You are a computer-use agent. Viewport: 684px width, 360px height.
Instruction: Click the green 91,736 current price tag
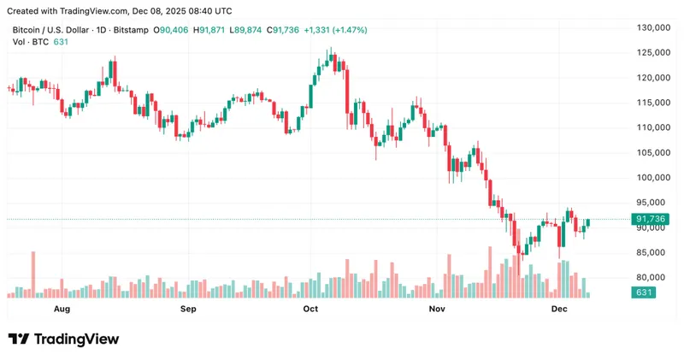(x=652, y=220)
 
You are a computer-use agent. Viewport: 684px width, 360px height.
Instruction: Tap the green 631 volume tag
(x=643, y=293)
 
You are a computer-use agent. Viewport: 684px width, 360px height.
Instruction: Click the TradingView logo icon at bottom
(x=18, y=339)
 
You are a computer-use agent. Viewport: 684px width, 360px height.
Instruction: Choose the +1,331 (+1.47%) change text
(x=339, y=30)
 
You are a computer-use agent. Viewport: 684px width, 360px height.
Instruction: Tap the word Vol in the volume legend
(x=19, y=42)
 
